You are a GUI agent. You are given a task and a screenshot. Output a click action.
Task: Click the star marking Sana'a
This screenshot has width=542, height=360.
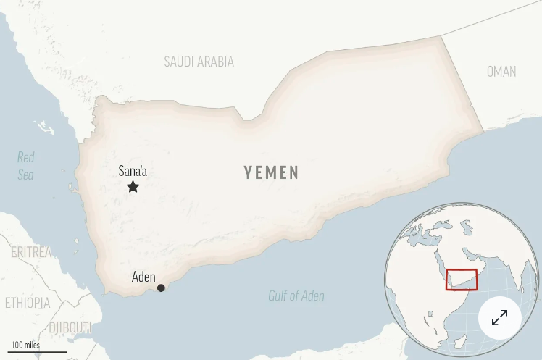click(133, 187)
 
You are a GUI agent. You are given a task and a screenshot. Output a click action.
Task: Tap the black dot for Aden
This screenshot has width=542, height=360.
click(161, 288)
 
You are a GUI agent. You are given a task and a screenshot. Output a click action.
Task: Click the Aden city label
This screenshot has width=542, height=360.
click(143, 277)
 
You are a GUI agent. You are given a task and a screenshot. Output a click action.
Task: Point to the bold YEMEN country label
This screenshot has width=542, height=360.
click(271, 172)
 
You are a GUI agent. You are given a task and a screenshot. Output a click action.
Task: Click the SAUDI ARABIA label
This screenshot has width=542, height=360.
click(199, 62)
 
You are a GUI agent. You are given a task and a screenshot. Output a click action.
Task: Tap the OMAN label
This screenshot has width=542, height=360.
click(501, 71)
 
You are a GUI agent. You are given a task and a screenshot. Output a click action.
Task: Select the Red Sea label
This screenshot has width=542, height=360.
click(26, 166)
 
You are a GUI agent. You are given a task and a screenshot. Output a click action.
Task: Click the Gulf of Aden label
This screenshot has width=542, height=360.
click(296, 296)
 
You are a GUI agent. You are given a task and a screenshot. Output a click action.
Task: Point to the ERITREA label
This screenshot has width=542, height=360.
click(31, 252)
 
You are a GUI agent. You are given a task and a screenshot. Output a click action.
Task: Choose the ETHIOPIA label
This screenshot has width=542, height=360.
click(28, 303)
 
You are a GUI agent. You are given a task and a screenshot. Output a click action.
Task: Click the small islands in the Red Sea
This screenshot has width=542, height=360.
click(45, 128)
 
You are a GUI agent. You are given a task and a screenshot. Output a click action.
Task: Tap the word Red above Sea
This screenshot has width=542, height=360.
click(26, 157)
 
